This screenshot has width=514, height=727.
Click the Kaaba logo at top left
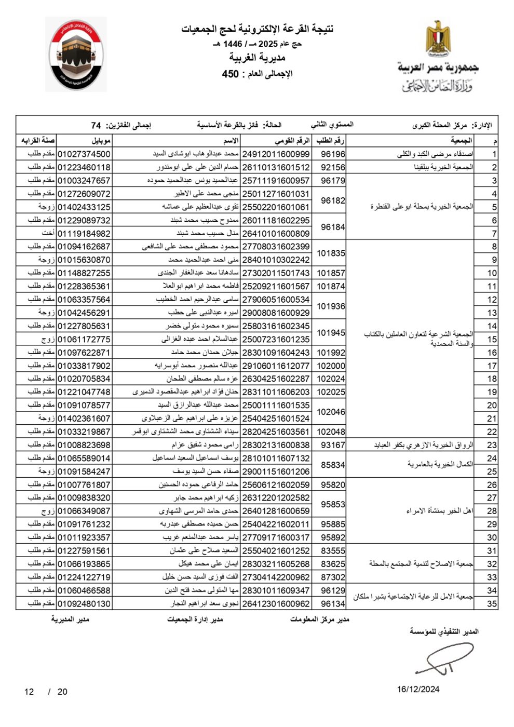[x=76, y=55]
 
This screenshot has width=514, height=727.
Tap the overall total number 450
[x=230, y=74]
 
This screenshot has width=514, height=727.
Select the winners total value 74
[x=96, y=126]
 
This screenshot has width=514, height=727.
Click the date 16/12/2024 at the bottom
[x=418, y=689]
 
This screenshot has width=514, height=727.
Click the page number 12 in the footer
[x=29, y=692]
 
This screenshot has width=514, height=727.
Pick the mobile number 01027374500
[x=84, y=154]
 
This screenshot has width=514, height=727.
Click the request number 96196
[x=333, y=154]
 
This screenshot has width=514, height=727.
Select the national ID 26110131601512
[x=276, y=167]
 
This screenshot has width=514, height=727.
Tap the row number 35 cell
[x=492, y=603]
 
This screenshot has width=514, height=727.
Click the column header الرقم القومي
[x=292, y=141]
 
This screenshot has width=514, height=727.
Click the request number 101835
[x=331, y=253]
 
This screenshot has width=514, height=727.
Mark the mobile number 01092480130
[x=84, y=603]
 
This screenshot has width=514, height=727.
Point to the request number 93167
[x=333, y=445]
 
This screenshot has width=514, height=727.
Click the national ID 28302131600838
[x=276, y=445]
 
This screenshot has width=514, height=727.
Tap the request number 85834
[x=333, y=465]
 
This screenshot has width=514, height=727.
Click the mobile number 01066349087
[x=84, y=511]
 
